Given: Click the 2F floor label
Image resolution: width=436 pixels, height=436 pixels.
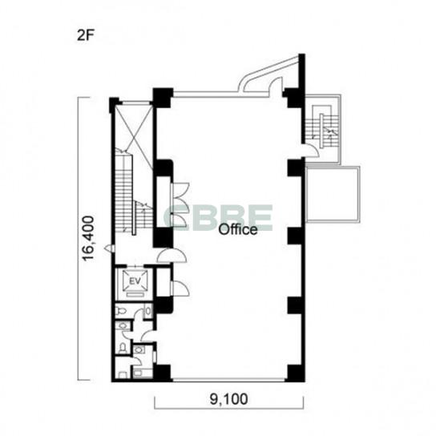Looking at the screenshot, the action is coord(84,35).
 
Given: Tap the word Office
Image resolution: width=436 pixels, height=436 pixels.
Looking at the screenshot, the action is coord(238,230).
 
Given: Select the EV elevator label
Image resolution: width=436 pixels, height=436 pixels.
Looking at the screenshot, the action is coord(135,281).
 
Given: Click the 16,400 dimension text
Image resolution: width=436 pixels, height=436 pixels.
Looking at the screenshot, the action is coord(88,238).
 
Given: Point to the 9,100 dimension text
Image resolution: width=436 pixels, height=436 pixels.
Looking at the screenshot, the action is coord(228,399).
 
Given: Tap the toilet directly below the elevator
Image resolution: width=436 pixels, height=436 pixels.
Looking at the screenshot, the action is coord(121,310).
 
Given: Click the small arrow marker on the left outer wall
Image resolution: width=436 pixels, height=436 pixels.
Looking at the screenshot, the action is coord(109,248).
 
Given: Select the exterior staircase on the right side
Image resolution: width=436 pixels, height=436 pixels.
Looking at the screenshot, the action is coord(325,127).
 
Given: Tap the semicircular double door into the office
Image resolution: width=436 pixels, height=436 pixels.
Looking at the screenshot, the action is coord(171,256).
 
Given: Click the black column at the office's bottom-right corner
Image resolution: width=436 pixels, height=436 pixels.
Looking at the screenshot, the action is coord(296,373).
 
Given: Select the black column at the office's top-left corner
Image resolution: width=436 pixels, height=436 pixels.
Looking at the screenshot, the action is coord(163,97).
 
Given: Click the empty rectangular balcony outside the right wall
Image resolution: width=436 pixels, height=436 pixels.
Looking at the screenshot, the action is coord(333,195).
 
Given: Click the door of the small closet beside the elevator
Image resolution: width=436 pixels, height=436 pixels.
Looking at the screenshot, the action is coord(181,289).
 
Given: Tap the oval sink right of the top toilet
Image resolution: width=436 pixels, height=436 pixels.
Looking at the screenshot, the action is coord(148,310).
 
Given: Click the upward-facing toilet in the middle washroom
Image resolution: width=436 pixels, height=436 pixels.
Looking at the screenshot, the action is coord(123,347).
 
